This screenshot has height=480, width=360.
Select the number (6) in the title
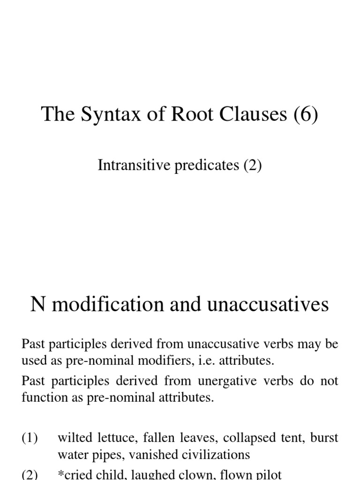click(306, 114)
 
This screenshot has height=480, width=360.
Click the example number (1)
click(30, 438)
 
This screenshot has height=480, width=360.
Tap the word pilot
click(269, 474)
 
